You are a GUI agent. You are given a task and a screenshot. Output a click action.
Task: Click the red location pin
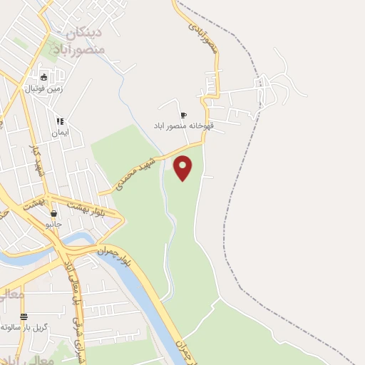click(183, 167)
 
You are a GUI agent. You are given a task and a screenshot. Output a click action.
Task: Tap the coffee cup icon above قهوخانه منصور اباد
click(183, 115)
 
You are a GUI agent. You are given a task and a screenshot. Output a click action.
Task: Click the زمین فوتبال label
click(44, 88)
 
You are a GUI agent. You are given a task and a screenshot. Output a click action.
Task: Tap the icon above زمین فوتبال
click(44, 77)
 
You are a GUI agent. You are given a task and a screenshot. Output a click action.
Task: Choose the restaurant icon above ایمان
click(60, 121)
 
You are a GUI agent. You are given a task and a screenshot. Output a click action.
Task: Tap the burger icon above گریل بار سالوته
click(24, 316)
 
